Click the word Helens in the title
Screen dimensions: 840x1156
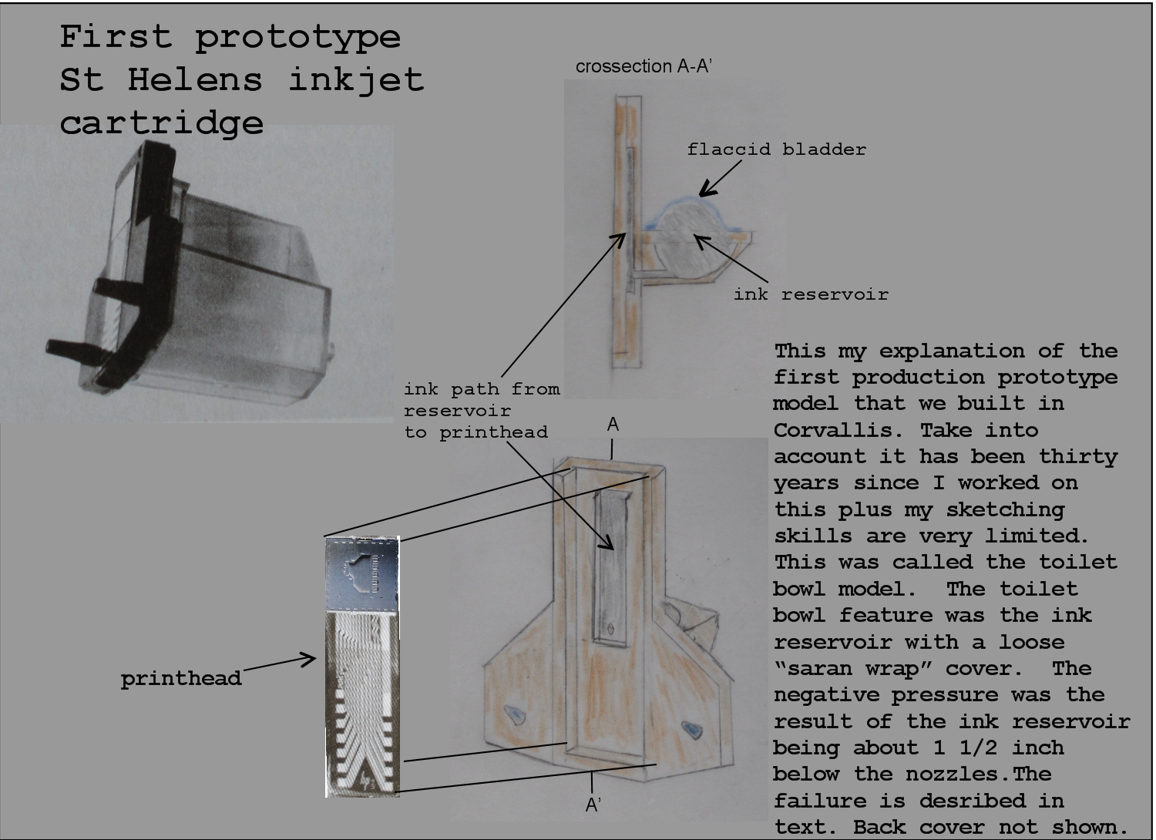click(194, 79)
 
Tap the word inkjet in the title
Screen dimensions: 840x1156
click(356, 79)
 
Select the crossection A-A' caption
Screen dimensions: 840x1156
click(643, 66)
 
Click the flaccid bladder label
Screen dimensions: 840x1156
click(776, 150)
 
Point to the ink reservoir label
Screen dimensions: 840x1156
click(811, 294)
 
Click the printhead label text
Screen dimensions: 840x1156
click(181, 679)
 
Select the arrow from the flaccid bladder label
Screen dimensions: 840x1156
click(718, 182)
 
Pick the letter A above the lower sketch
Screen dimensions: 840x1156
click(613, 425)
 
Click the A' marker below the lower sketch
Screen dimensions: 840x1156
click(593, 805)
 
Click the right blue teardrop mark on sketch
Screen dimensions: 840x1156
click(691, 727)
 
